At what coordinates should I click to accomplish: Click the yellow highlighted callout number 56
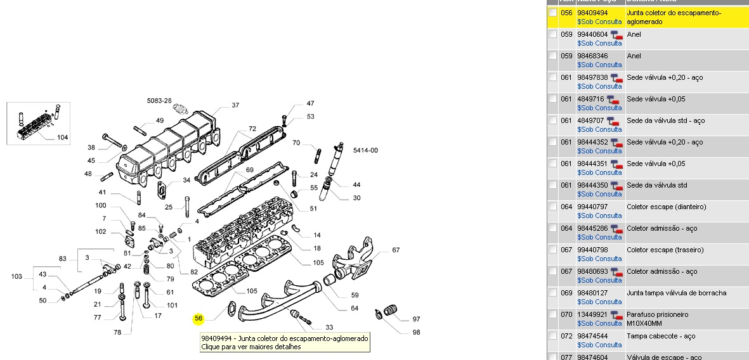click(x=199, y=318)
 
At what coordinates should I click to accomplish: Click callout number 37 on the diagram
click(x=235, y=105)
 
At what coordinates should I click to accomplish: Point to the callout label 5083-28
click(x=159, y=101)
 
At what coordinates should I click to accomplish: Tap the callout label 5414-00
click(x=365, y=150)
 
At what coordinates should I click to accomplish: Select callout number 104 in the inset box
click(x=63, y=138)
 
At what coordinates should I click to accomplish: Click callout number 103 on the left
click(x=17, y=276)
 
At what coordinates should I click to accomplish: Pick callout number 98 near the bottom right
click(x=417, y=332)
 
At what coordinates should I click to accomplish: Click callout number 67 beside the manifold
click(x=396, y=250)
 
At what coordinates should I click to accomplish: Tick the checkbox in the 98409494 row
click(x=553, y=13)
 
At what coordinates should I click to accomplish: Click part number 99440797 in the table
click(x=592, y=207)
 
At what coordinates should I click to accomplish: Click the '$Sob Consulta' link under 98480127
click(x=599, y=302)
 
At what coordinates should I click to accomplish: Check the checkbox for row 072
click(x=553, y=336)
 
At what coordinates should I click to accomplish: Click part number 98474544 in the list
click(x=592, y=336)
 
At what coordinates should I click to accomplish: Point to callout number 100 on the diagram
click(x=101, y=205)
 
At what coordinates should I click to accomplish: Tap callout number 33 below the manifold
click(x=329, y=328)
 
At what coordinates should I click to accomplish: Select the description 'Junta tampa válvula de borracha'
click(x=676, y=293)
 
